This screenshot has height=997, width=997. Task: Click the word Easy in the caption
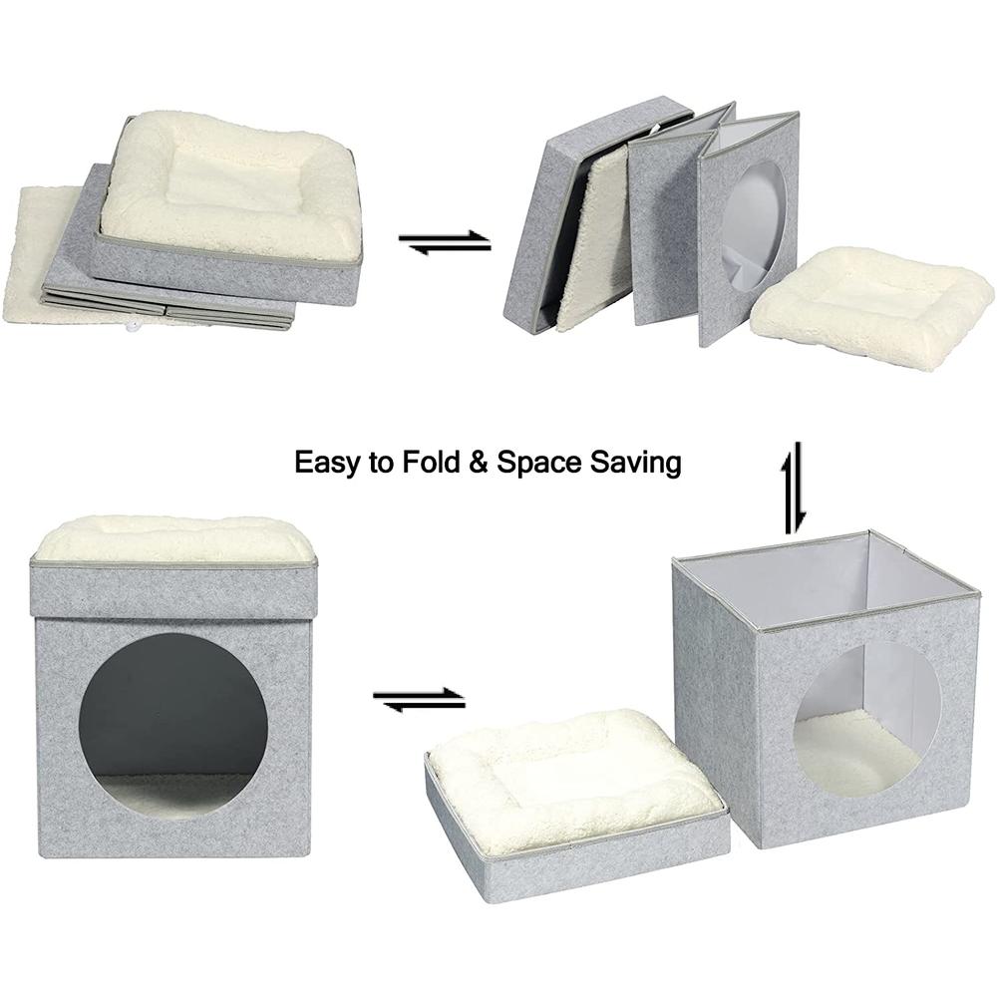coord(326,463)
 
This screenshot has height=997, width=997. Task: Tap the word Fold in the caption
coord(425,463)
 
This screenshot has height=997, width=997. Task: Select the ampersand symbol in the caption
coord(478,463)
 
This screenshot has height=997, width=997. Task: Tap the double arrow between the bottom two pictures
coord(419,700)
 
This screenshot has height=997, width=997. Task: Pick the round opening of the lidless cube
coord(865,719)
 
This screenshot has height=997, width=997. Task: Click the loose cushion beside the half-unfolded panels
coord(870,304)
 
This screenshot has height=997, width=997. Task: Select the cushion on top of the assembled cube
coord(174,539)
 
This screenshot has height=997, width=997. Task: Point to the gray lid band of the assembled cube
coord(173,590)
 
